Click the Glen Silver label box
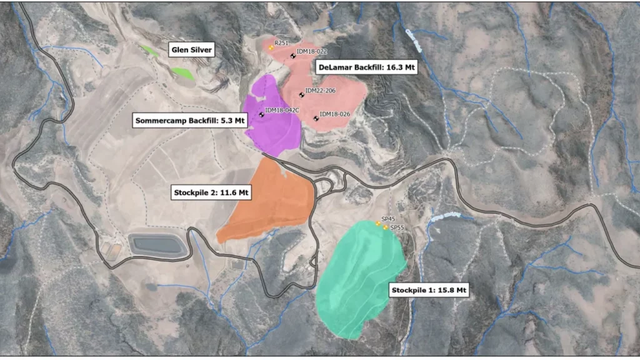pyautogui.click(x=191, y=49)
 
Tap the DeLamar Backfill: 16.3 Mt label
pyautogui.click(x=365, y=67)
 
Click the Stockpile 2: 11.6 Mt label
pyautogui.click(x=211, y=192)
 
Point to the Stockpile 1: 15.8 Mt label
pyautogui.click(x=429, y=291)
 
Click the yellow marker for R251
pyautogui.click(x=271, y=48)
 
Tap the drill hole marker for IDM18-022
pyautogui.click(x=292, y=56)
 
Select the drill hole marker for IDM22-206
pyautogui.click(x=302, y=95)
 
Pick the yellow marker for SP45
pyautogui.click(x=378, y=224)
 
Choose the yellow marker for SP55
pyautogui.click(x=385, y=228)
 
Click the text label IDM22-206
pyautogui.click(x=321, y=91)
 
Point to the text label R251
pyautogui.click(x=281, y=43)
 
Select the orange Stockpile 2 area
pyautogui.click(x=269, y=200)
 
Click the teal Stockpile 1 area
pyautogui.click(x=359, y=275)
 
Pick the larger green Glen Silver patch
pyautogui.click(x=182, y=73)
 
